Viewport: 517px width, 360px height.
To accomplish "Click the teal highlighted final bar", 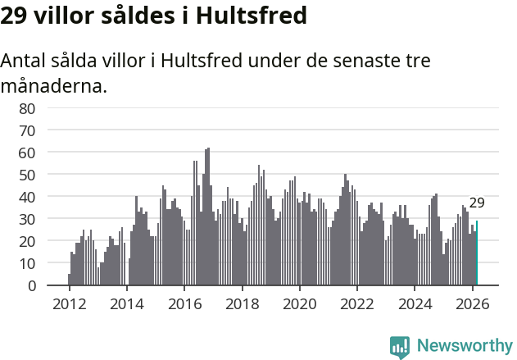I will (477, 253).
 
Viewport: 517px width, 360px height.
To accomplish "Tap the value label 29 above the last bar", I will (477, 203).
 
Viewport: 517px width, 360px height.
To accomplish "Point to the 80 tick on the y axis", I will (27, 108).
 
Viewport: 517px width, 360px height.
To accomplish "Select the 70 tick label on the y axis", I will (27, 130).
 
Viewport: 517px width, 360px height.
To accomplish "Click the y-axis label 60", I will (27, 153).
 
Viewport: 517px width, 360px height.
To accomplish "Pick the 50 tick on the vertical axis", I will (27, 175).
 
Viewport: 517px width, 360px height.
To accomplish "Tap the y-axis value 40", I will (27, 197).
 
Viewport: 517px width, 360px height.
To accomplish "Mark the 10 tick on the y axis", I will (27, 263).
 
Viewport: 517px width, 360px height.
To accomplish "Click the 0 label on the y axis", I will (31, 285).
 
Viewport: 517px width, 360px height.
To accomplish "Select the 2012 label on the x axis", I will (69, 303).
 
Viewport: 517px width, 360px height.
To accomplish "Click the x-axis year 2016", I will (184, 303).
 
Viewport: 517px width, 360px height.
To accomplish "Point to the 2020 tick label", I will (299, 303).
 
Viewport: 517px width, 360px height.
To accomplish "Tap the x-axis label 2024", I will (415, 303).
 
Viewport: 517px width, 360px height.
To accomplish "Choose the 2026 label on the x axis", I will (472, 303).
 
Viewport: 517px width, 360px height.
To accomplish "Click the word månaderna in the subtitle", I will (54, 85).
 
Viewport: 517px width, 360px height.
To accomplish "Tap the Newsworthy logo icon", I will (400, 347).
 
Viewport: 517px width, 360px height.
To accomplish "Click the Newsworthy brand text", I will (464, 347).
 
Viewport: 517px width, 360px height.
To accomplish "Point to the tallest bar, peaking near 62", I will (208, 217).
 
